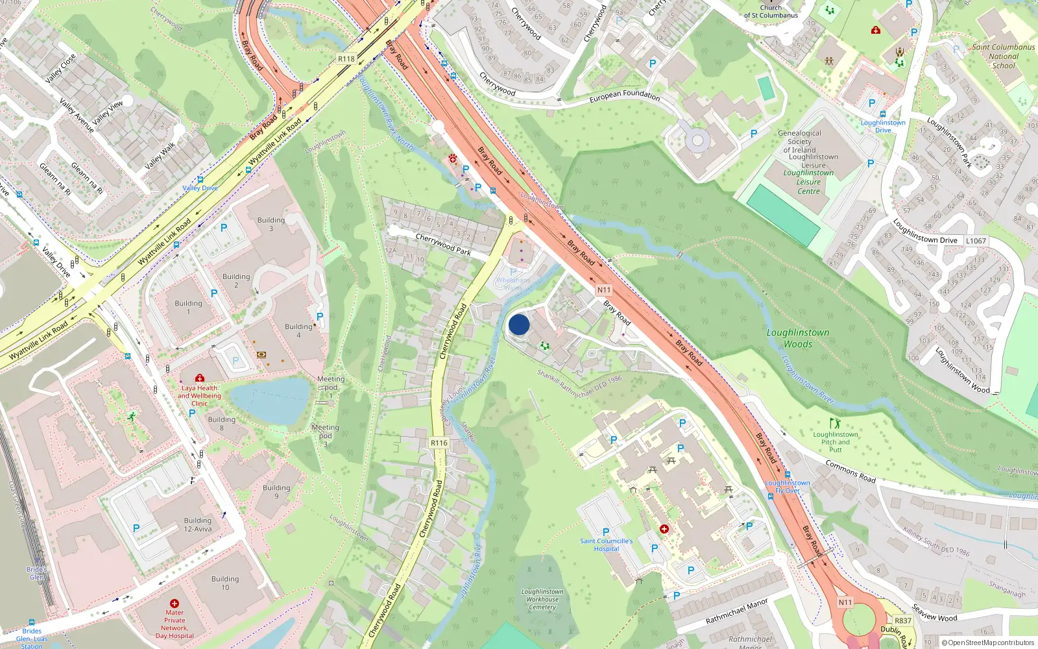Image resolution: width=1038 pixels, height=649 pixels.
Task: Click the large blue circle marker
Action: point(519,324)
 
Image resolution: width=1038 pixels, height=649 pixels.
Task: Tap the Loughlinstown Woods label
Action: point(798,338)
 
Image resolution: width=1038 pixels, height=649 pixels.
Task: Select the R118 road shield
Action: point(346,59)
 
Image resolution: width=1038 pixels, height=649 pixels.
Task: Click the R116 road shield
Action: point(439,443)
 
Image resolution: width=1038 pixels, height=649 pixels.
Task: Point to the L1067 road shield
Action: point(976,241)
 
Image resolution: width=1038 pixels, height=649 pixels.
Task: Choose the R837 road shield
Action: point(903,620)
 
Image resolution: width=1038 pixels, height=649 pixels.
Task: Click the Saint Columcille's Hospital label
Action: point(607,545)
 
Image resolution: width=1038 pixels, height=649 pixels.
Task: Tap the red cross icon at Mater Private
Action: point(175,603)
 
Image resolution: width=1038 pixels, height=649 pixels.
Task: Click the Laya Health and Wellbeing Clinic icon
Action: point(200,378)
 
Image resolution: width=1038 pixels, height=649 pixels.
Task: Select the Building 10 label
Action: point(225,583)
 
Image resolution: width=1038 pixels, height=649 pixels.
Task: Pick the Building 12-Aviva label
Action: point(198,524)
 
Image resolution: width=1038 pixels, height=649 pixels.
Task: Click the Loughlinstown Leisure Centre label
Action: point(808,182)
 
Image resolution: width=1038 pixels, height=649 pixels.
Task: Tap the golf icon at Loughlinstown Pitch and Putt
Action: point(835,423)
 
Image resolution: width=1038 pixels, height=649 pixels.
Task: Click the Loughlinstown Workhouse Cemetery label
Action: point(542,600)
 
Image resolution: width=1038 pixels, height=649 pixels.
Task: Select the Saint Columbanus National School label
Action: point(1003,56)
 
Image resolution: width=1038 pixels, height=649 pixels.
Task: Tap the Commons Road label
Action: point(851,471)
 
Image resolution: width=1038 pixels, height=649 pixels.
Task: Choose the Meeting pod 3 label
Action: point(325,435)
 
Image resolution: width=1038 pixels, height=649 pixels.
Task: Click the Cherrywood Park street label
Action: point(443,244)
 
